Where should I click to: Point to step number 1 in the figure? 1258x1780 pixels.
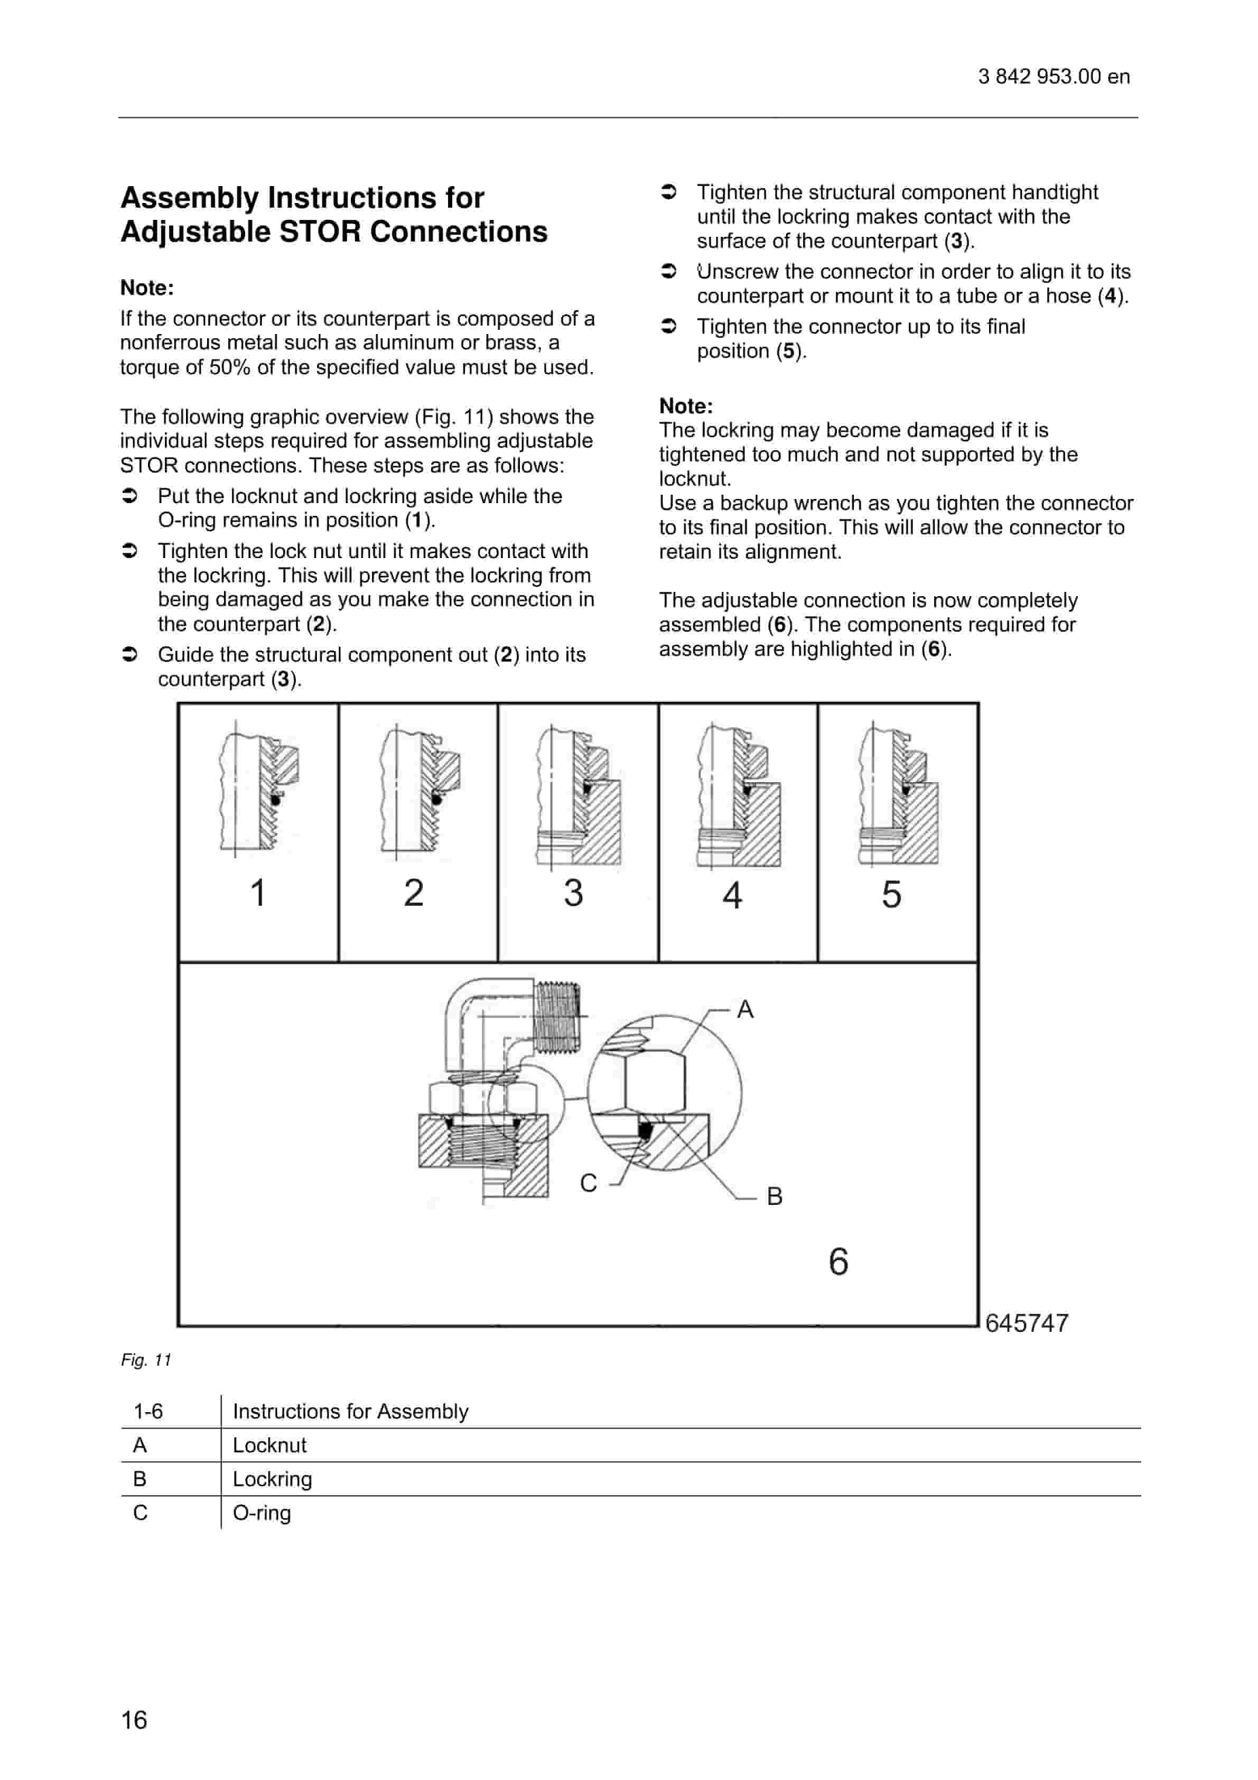point(258,892)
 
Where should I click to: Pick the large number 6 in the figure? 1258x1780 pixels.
point(838,1262)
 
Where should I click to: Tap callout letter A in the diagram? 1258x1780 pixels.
point(745,1009)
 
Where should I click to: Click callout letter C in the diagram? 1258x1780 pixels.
point(588,1183)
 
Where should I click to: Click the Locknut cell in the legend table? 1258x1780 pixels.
point(270,1445)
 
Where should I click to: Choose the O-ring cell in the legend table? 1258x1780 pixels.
point(262,1513)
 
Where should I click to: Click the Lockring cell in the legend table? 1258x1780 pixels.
point(272,1479)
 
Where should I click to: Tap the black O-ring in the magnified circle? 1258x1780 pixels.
point(644,1131)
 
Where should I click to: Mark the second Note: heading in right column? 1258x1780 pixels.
point(686,406)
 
